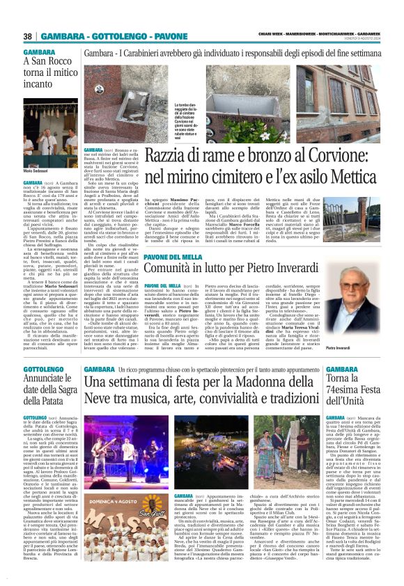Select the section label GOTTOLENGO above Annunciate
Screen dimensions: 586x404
(x=42, y=368)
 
